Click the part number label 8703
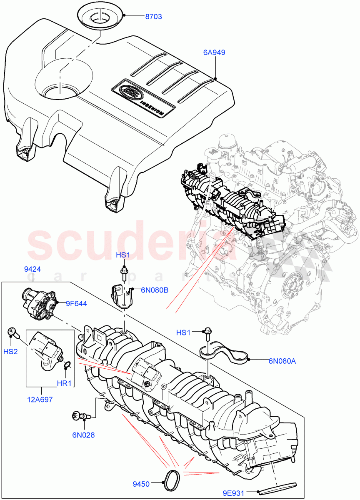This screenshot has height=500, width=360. [153, 17]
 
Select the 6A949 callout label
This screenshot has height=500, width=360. [214, 52]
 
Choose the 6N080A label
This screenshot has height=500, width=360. [282, 361]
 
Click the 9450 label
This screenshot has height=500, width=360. [142, 484]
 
